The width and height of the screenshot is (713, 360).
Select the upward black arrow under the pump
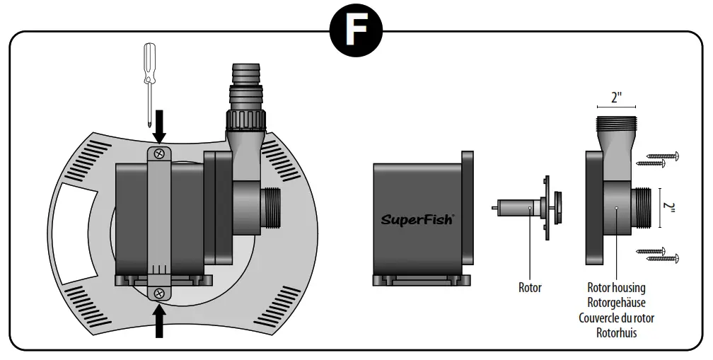pyautogui.click(x=160, y=320)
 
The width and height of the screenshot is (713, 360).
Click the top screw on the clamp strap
pyautogui.click(x=160, y=152)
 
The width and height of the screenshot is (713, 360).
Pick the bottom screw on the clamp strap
pyautogui.click(x=160, y=293)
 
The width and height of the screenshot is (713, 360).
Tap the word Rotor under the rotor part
pyautogui.click(x=529, y=288)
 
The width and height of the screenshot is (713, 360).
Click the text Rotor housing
pyautogui.click(x=616, y=288)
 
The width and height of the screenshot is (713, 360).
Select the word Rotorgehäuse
pyautogui.click(x=616, y=303)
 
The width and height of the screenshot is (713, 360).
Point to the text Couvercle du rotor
pyautogui.click(x=616, y=318)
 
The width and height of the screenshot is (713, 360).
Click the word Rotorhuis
pyautogui.click(x=616, y=332)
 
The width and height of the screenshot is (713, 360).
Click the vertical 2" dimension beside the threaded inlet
pyautogui.click(x=670, y=207)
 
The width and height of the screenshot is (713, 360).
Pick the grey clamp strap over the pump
pyautogui.click(x=160, y=212)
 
